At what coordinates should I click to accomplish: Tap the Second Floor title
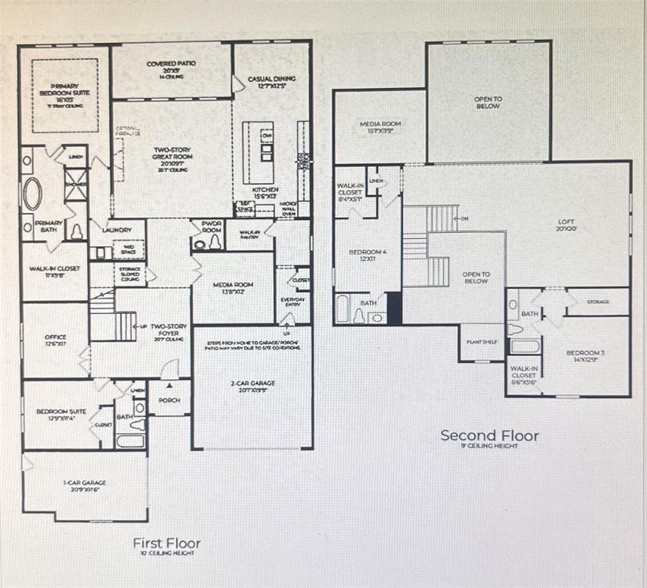[x=489, y=436]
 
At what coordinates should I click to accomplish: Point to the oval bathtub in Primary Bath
[x=32, y=194]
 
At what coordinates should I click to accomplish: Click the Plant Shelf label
[x=482, y=342]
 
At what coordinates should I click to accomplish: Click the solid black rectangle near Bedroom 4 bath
[x=394, y=307]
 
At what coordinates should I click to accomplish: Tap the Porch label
[x=168, y=400]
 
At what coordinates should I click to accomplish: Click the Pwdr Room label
[x=211, y=227]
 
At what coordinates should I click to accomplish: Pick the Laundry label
[x=117, y=230]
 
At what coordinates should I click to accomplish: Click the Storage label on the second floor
[x=598, y=302]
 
